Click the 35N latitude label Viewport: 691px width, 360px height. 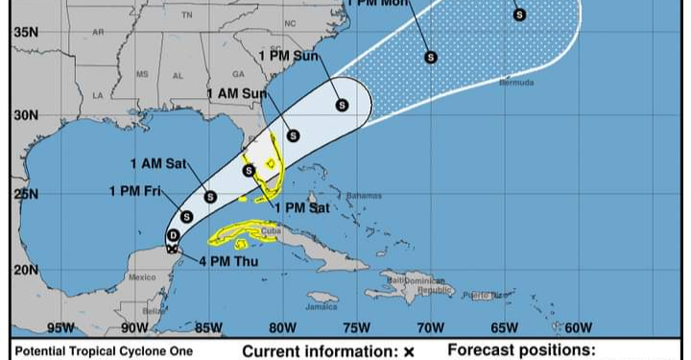click(x=25, y=33)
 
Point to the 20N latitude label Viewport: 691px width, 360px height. click(x=25, y=270)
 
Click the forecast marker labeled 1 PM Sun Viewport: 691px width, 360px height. click(x=341, y=106)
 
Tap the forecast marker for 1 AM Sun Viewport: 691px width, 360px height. click(x=293, y=135)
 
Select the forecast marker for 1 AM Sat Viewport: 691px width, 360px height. click(x=210, y=197)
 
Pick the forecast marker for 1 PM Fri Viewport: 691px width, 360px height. click(x=186, y=217)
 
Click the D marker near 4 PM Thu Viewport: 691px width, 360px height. click(x=173, y=235)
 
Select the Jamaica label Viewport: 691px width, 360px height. click(x=322, y=307)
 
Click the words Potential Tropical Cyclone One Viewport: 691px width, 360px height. click(x=104, y=351)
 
